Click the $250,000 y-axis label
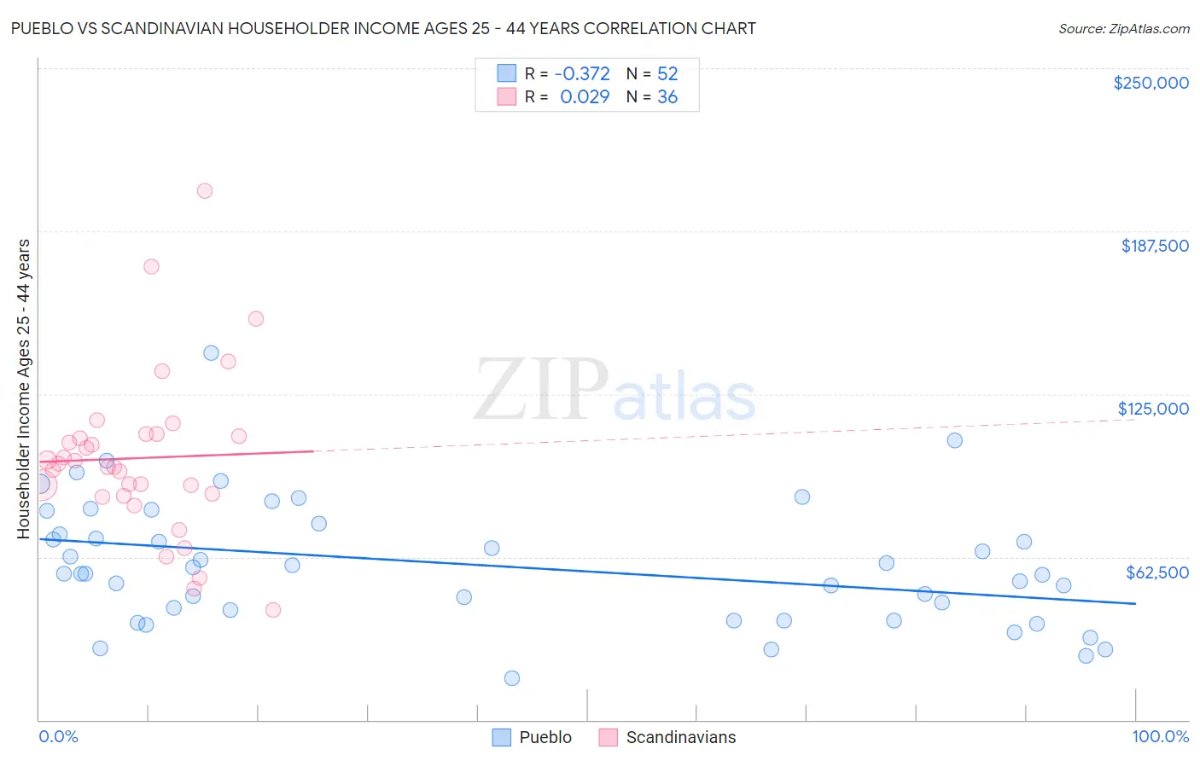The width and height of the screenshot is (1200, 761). (1150, 83)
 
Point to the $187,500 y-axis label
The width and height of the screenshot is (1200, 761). (1154, 246)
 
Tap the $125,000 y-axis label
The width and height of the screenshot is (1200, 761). (1153, 409)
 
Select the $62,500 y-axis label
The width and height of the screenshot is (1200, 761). (1156, 572)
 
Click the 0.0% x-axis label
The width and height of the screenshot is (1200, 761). (58, 736)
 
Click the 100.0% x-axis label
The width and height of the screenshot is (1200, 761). (1160, 736)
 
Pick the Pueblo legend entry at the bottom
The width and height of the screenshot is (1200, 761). (533, 737)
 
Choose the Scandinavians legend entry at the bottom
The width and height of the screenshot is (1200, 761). (667, 737)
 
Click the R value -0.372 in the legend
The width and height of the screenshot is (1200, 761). (582, 73)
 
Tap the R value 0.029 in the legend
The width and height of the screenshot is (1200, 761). (585, 97)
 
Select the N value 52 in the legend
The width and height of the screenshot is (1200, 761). (667, 73)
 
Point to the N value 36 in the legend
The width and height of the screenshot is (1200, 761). (667, 97)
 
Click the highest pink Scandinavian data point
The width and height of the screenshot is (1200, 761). (205, 191)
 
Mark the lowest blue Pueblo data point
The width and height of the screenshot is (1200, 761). (512, 678)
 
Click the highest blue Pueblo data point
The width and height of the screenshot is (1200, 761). (212, 353)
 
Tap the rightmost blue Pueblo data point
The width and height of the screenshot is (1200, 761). (1105, 649)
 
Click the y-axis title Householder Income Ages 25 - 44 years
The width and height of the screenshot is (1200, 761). (23, 389)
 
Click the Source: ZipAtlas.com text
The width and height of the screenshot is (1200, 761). (1123, 28)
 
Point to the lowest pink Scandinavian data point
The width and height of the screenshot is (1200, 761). (273, 610)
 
